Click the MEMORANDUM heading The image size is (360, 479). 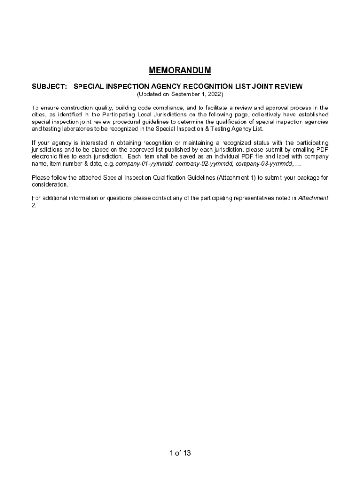click(x=180, y=71)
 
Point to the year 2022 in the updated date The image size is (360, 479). click(x=208, y=94)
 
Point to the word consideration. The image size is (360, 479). click(x=50, y=184)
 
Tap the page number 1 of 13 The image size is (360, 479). click(x=180, y=453)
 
